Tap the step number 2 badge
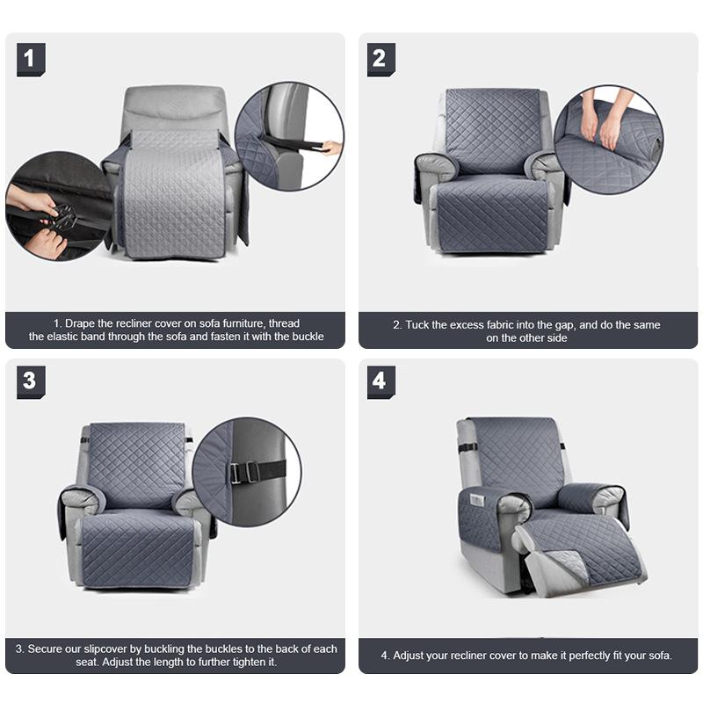380,59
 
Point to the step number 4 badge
380,381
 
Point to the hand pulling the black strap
330,148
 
